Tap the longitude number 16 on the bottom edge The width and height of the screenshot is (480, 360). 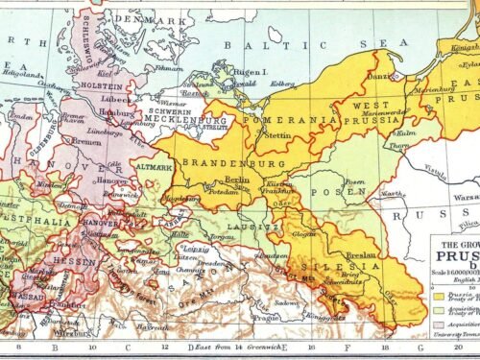(312, 347)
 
